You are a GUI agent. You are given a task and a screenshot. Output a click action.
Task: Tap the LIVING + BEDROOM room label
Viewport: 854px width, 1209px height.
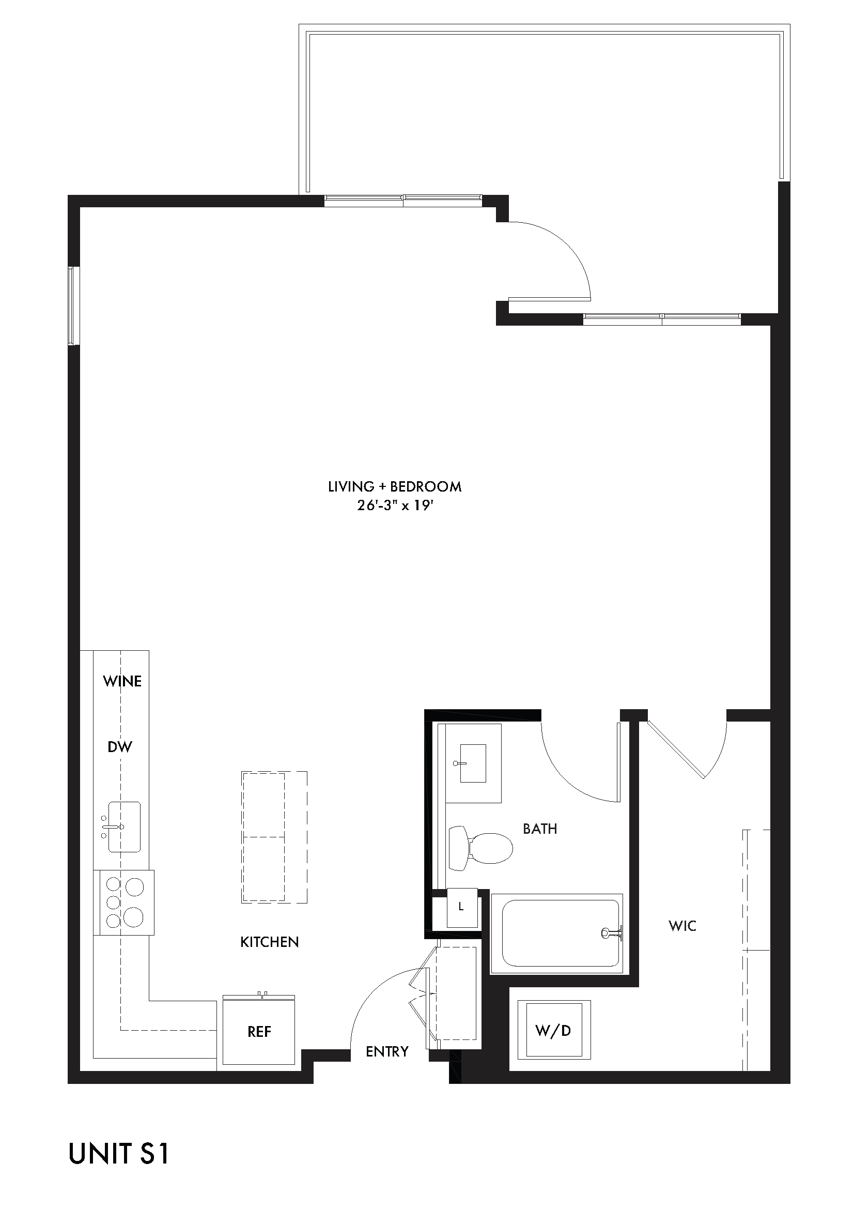point(395,486)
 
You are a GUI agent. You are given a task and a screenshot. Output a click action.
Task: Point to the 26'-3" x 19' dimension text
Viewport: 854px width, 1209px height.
point(395,506)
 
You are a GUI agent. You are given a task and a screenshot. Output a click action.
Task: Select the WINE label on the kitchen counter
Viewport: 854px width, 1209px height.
point(122,681)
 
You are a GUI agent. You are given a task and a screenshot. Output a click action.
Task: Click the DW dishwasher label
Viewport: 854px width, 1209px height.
point(119,747)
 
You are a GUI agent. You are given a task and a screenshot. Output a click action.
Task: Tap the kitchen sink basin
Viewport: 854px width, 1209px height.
point(125,827)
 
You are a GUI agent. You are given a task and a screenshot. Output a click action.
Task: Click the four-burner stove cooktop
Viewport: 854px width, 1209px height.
point(124,902)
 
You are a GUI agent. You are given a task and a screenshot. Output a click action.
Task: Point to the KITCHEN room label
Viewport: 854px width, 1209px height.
point(269,942)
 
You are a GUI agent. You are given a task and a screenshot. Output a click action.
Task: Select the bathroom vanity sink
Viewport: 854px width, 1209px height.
point(473,763)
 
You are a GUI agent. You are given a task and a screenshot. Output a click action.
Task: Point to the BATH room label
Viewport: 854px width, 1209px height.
point(540,829)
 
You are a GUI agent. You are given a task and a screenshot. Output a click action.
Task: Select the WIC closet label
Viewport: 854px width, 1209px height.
point(682,926)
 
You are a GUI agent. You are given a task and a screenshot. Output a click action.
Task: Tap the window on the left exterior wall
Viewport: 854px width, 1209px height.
point(73,306)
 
